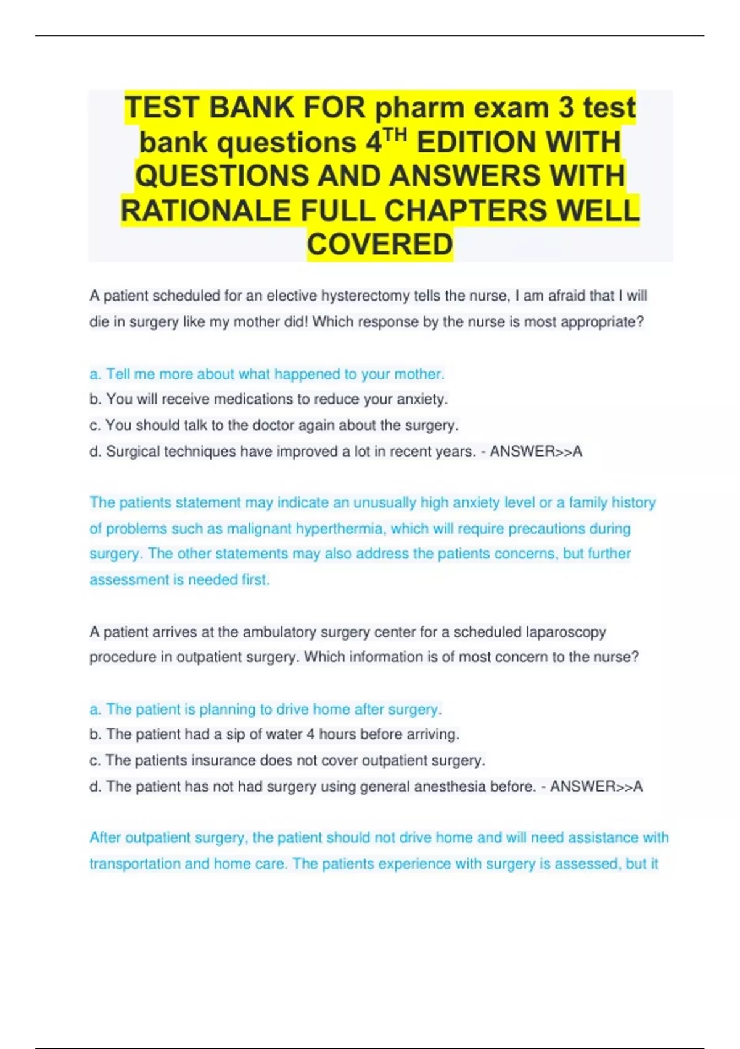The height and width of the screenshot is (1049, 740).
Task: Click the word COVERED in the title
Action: coord(380,244)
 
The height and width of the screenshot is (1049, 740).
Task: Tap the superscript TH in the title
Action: coord(395,135)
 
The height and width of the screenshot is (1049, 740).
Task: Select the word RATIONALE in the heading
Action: coord(206,210)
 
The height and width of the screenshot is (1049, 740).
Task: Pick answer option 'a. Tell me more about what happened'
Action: coord(266,374)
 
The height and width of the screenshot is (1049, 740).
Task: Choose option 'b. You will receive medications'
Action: coord(268,399)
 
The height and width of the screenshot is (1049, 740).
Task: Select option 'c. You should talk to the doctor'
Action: coord(274,425)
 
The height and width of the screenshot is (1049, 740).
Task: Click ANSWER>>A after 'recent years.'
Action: coord(536,452)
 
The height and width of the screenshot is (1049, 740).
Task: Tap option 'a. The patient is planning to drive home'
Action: coord(265,709)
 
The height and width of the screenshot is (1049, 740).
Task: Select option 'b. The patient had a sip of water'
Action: coord(274,734)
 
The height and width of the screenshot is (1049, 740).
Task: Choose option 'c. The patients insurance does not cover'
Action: coord(287,760)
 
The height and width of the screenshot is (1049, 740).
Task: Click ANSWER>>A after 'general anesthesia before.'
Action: coord(596,786)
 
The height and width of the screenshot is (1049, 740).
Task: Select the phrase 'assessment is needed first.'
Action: coord(179,580)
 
